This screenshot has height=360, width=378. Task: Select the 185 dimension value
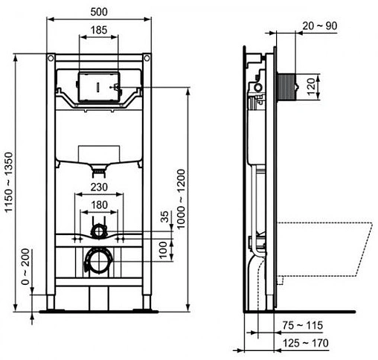point(99,31)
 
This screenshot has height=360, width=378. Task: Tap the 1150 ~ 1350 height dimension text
point(8,182)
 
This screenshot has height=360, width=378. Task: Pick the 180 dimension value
point(99,206)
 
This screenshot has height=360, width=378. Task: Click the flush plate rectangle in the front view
point(98,86)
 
